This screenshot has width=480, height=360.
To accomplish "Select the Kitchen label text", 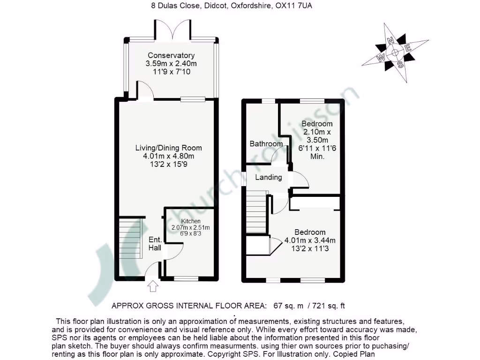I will [191, 221].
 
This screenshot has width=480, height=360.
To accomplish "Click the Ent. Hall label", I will [155, 243].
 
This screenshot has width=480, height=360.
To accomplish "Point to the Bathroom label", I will [266, 144].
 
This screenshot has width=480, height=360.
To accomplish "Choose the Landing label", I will [268, 177].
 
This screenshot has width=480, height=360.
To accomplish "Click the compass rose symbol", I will [395, 52].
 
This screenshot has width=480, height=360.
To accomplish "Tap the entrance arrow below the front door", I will [153, 286].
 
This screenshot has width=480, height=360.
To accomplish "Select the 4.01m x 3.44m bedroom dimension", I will [310, 241].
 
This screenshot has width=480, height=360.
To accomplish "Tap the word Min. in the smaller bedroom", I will [317, 157].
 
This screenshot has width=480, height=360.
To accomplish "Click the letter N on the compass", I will [390, 42].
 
